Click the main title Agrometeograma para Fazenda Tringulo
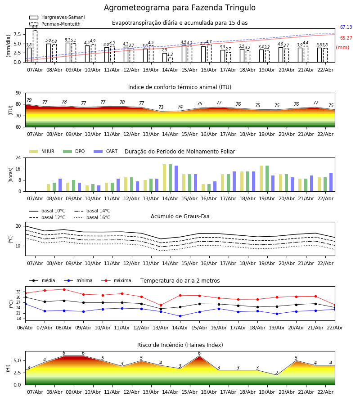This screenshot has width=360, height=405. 180,8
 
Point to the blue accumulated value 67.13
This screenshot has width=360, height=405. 346,27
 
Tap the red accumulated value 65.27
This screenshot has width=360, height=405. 346,38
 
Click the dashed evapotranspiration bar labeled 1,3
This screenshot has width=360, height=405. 170,60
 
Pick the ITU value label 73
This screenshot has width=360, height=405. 161,108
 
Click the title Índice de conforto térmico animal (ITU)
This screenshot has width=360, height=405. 180,87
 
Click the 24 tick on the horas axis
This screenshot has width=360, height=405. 20,158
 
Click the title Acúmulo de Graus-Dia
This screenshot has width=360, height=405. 180,216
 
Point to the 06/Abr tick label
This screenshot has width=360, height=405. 25,327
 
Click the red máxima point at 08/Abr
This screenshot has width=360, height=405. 64,289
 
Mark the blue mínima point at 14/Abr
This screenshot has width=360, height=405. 180,316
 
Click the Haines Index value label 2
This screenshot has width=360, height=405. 277,373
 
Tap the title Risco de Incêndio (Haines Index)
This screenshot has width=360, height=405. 180,345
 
